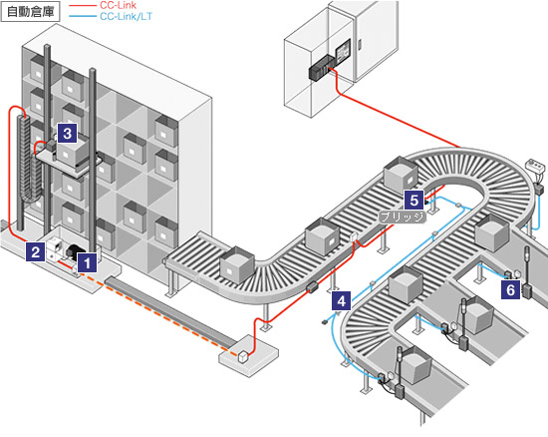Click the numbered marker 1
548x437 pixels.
point(87,262)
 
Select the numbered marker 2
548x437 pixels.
point(35,251)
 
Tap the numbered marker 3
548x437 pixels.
point(67,133)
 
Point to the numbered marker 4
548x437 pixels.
point(342,301)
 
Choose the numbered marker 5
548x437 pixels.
point(414,201)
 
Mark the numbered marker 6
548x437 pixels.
point(510,289)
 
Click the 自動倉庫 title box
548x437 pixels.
point(31,12)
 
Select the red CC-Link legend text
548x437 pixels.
point(118,5)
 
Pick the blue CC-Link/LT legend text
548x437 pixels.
point(127,16)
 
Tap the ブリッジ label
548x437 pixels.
point(403,217)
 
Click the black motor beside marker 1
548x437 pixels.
point(74,251)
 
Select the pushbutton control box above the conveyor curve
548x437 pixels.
point(536,167)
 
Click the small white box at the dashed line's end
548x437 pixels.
point(242,357)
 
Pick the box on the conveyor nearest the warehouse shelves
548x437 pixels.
point(237,264)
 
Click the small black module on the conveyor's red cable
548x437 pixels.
point(311,287)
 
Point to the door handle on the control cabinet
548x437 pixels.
point(360,45)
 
